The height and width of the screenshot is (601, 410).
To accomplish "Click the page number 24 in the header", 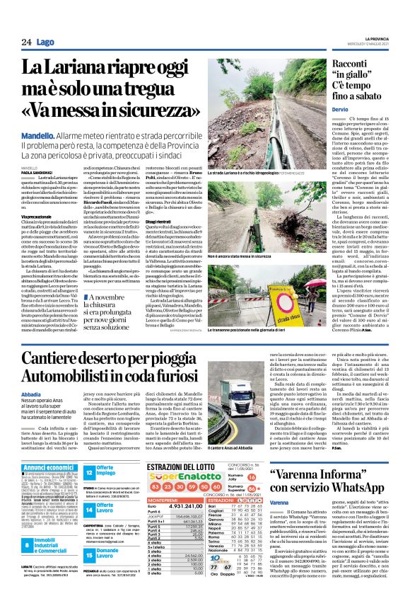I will pyautogui.click(x=26, y=42).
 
